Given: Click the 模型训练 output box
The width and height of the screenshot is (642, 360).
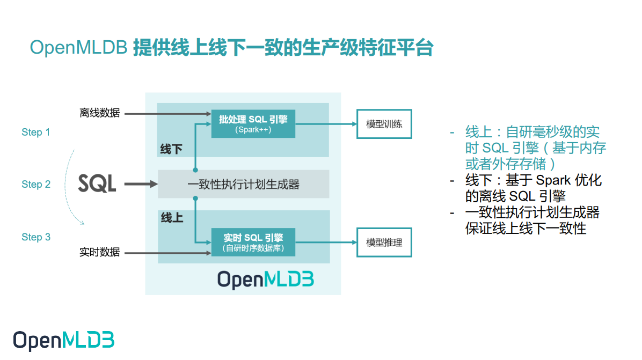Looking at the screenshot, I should click(x=384, y=124).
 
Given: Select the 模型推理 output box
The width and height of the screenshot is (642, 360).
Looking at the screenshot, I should click(x=384, y=243).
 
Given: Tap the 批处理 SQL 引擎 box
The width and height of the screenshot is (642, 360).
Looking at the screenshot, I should click(x=253, y=124).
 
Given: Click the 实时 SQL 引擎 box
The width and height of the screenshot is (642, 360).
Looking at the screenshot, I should click(x=253, y=242).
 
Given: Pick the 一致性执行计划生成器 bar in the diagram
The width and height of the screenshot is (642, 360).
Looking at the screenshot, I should click(x=243, y=185).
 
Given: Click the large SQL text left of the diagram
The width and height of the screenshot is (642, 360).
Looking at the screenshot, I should click(x=97, y=183).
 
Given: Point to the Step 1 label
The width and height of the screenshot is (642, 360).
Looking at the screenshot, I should click(x=36, y=132).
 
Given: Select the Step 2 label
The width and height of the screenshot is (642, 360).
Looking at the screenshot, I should click(x=36, y=184).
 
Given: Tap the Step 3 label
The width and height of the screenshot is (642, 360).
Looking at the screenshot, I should click(x=36, y=237).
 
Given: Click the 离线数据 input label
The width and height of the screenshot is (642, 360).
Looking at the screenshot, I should click(x=99, y=113).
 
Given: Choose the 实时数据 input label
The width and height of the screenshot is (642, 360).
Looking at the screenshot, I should click(x=99, y=252).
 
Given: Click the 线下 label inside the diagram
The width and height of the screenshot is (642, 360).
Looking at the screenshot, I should click(x=171, y=149).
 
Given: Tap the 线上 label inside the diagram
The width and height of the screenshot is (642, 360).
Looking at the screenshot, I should click(x=171, y=218).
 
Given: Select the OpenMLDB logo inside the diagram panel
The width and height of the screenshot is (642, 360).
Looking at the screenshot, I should click(x=265, y=280).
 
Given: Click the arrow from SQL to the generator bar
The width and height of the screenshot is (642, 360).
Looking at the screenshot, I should click(x=141, y=185).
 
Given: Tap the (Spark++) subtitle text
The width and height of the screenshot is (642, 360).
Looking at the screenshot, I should click(x=253, y=129).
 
